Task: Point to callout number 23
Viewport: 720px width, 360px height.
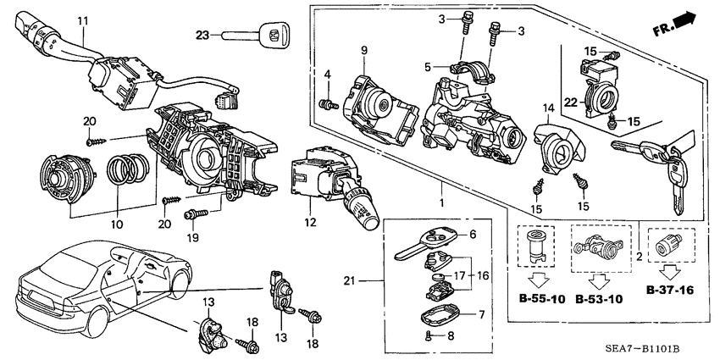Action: (202, 35)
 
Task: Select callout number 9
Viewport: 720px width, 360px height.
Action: (363, 52)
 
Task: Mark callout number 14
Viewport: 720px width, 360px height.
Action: (547, 108)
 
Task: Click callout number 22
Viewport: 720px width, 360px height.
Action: (571, 103)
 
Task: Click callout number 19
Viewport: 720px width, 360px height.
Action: (192, 238)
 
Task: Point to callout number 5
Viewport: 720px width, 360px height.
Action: (429, 64)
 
